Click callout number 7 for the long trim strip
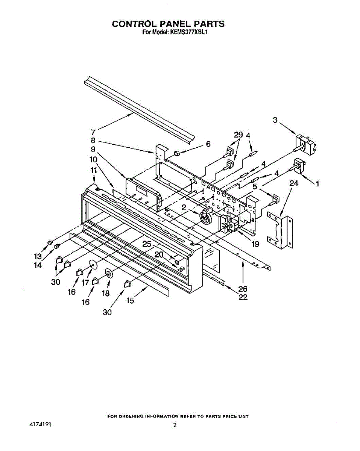(93, 132)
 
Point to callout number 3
(275, 120)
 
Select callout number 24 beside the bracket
(294, 183)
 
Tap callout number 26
(243, 289)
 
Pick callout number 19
(255, 244)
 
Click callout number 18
(106, 293)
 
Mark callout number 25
(147, 244)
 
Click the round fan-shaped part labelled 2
(206, 217)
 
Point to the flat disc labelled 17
(93, 265)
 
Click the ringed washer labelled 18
(109, 274)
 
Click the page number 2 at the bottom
(175, 425)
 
